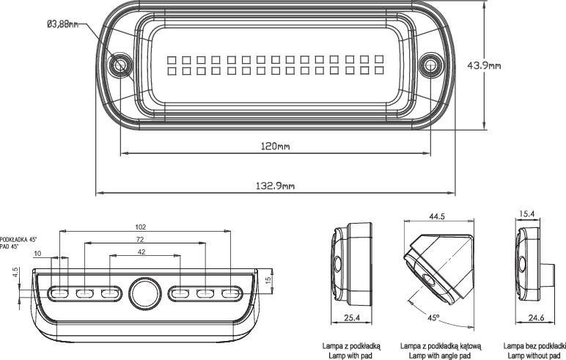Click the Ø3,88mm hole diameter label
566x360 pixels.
coord(62,24)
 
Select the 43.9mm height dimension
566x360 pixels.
coord(484,65)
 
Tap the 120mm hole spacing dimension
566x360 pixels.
coord(275,146)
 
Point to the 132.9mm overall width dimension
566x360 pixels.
coord(275,186)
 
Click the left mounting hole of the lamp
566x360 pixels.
coord(120,66)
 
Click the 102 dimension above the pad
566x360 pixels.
coord(141,227)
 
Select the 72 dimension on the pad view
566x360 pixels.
coord(140,240)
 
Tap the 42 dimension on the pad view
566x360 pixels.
coord(141,252)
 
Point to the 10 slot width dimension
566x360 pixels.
coord(37,254)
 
